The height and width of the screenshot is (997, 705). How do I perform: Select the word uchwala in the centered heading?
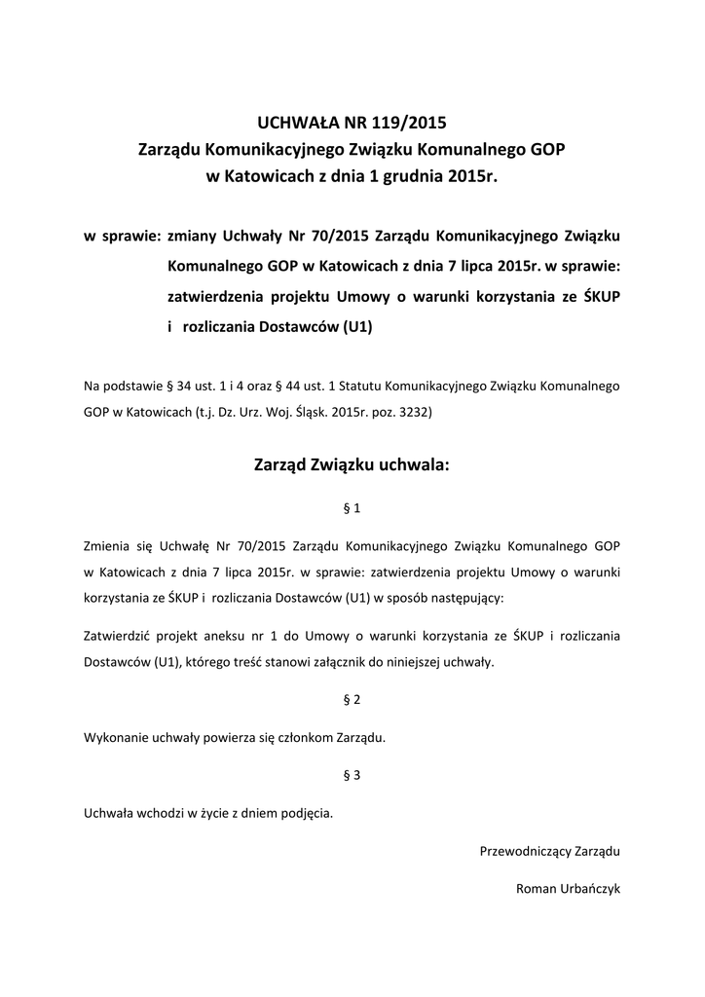(x=416, y=465)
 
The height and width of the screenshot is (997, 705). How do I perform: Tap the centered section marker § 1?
(x=352, y=507)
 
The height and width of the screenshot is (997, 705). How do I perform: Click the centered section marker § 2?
(x=352, y=699)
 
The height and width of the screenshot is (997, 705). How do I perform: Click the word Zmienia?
(x=110, y=545)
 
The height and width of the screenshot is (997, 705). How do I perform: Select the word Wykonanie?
(x=116, y=737)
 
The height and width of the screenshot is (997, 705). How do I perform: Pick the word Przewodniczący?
(x=521, y=850)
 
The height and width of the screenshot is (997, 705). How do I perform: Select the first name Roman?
(x=534, y=888)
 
